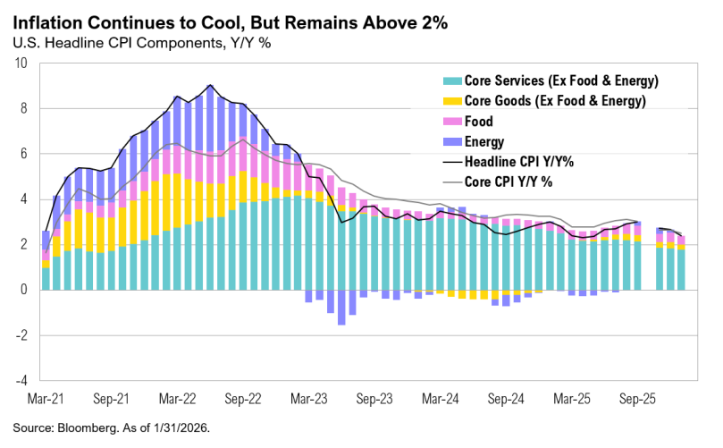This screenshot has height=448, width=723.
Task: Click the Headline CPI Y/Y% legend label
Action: click(519, 162)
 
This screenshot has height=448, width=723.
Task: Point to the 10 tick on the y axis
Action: click(22, 63)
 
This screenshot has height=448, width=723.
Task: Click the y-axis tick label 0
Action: click(26, 290)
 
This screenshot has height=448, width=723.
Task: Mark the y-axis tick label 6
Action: click(26, 154)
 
